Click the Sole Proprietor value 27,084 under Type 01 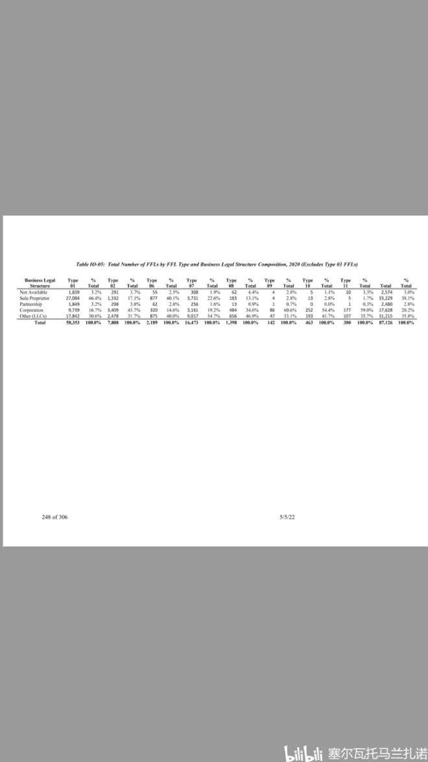73,298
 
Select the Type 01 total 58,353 73,322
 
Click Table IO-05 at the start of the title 90,264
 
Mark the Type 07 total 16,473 191,322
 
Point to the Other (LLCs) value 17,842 73,316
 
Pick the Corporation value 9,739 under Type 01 73,311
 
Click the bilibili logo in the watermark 304,750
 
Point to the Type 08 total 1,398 232,322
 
